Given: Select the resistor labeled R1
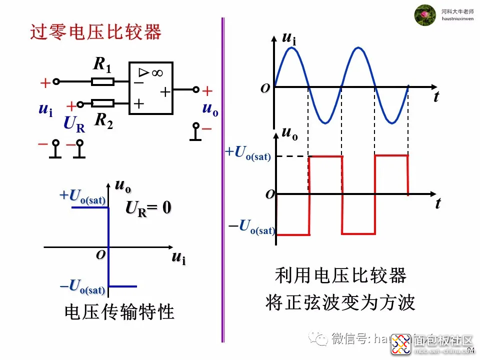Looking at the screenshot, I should [103, 81].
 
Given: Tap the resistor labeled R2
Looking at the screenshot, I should [103, 103].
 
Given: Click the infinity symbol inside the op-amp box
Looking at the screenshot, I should [157, 73].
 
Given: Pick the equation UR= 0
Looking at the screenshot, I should [148, 207].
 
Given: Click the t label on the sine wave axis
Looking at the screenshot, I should [436, 96].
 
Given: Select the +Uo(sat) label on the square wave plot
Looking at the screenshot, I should [248, 153].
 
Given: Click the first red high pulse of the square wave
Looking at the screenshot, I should [325, 157].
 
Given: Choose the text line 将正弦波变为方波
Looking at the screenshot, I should [340, 302].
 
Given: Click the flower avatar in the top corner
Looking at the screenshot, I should [425, 15].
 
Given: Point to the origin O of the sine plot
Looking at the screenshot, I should [265, 88].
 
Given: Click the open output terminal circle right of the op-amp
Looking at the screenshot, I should [196, 90].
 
